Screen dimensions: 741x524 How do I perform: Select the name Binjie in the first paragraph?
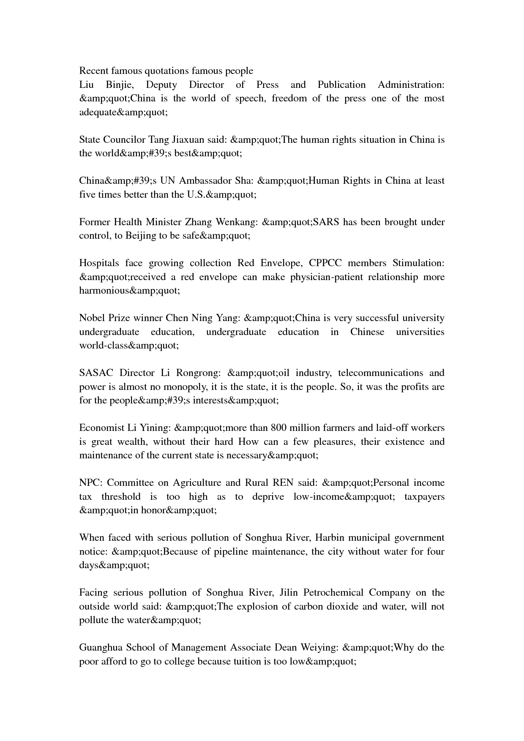119,84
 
